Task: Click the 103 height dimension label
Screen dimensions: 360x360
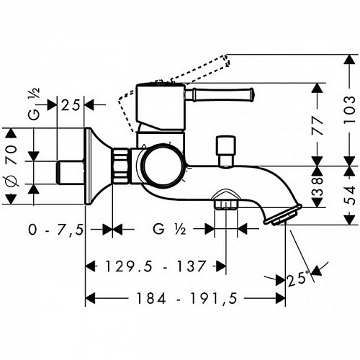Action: [x=349, y=109]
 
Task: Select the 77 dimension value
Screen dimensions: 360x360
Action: [x=318, y=123]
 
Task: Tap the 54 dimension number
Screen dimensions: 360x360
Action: [x=349, y=195]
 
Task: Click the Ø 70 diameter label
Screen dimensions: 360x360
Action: [x=12, y=166]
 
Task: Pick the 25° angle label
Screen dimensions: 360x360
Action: [x=298, y=279]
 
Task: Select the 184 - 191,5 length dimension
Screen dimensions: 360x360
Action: [x=187, y=298]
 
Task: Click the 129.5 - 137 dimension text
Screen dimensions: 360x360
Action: [x=156, y=266]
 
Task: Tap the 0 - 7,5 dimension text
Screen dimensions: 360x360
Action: [x=56, y=230]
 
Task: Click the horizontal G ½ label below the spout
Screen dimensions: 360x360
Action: [x=169, y=229]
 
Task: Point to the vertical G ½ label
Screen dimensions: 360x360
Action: [x=34, y=104]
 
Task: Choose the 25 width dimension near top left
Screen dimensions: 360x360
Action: [x=71, y=105]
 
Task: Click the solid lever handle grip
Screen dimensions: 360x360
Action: [x=220, y=94]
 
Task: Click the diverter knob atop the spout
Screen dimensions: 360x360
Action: [x=225, y=151]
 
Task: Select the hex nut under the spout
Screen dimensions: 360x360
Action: [x=226, y=204]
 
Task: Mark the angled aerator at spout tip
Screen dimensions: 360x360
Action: [x=283, y=215]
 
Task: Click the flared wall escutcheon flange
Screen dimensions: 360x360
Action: [x=99, y=166]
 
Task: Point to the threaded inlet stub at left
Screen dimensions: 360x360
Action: [x=71, y=173]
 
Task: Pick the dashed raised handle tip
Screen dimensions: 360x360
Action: [x=226, y=60]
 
